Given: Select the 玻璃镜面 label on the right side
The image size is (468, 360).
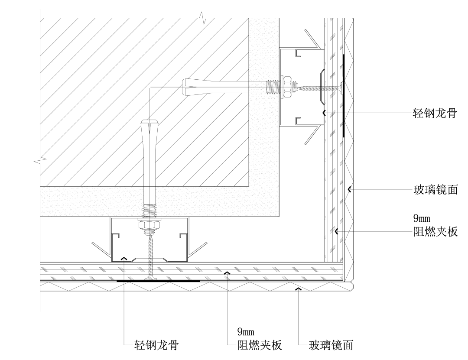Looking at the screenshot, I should (x=435, y=189).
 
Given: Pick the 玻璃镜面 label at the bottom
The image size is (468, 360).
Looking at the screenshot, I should (x=331, y=345).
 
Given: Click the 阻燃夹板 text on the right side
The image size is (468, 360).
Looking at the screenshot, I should (x=435, y=232).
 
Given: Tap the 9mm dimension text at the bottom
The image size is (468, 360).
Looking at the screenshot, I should (x=246, y=332).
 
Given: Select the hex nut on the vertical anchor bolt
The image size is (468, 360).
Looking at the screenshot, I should (x=149, y=226).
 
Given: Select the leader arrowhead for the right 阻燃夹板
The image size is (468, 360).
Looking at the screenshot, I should (x=335, y=231).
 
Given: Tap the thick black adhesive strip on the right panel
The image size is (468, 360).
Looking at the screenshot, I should (x=343, y=95).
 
